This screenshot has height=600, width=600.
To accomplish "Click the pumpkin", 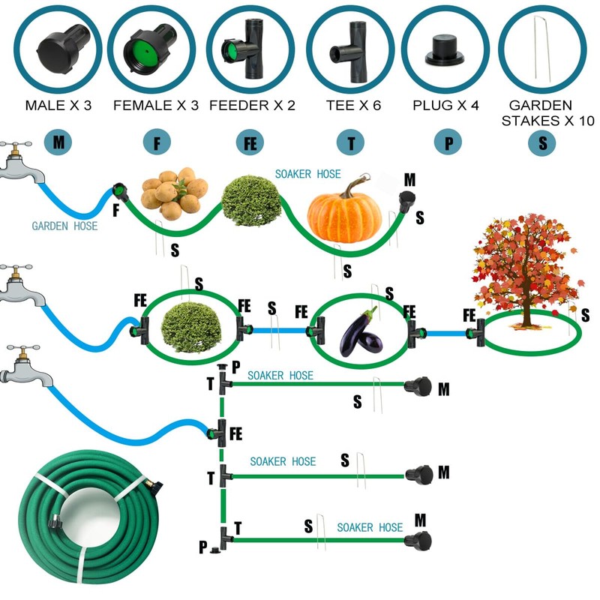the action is point(344,211).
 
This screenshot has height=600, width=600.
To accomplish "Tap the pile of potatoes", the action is point(175,193).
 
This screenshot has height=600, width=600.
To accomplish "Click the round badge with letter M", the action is point(58,142).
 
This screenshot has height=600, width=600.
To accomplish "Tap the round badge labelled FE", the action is point(250,142).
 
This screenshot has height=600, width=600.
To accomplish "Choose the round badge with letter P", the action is point(448,142).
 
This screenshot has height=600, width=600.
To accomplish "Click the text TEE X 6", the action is point(353,105).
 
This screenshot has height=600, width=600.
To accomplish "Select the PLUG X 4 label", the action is point(445,105).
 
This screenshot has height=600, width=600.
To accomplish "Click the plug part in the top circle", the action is point(445,50).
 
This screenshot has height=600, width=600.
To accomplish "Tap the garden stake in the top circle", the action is point(542,49).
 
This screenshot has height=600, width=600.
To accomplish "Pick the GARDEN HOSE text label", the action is point(64,226).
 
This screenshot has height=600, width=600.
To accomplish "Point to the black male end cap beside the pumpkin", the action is point(406,202).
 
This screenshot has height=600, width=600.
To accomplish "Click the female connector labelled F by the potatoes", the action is point(121,193).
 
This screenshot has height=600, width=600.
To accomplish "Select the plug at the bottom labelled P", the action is point(215,550).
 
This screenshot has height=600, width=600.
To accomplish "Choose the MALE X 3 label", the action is point(58,105).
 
